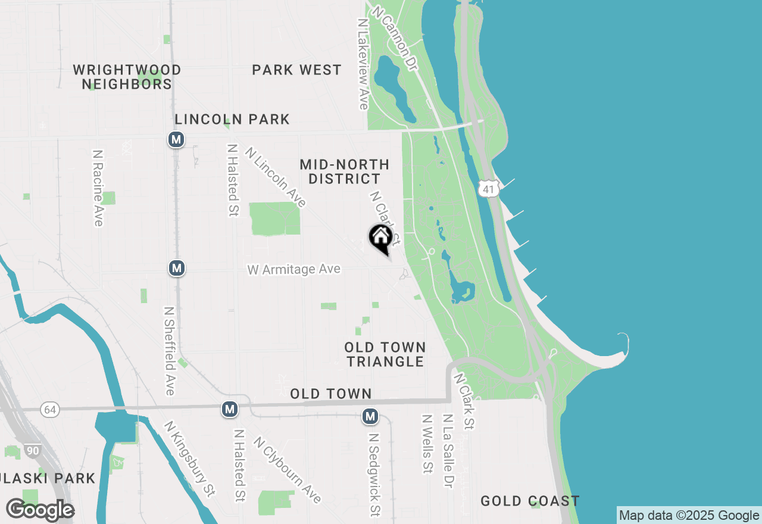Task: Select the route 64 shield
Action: [x=50, y=410]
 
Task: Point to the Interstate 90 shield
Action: [x=33, y=451]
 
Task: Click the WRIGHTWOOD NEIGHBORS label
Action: [x=127, y=77]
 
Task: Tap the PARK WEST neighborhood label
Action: [x=296, y=70]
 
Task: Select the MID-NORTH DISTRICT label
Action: [x=345, y=171]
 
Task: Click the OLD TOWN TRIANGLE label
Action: [x=385, y=354]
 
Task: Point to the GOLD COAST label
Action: [x=530, y=501]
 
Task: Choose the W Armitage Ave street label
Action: [x=294, y=270]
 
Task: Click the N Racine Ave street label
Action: [x=98, y=188]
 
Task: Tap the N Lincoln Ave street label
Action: [x=275, y=177]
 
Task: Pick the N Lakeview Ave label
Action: [x=363, y=63]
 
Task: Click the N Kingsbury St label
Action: [x=189, y=458]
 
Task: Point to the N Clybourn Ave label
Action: [x=287, y=469]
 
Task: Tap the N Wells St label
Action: [x=427, y=444]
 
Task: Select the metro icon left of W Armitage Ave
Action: [x=176, y=268]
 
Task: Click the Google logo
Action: [x=40, y=510]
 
